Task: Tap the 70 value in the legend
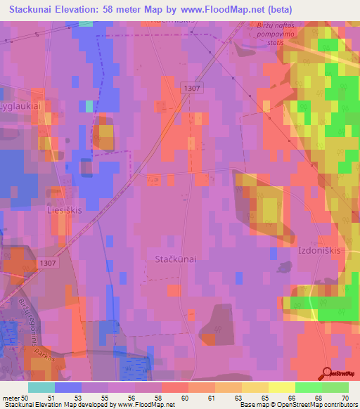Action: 345,397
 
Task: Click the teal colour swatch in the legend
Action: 41,387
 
